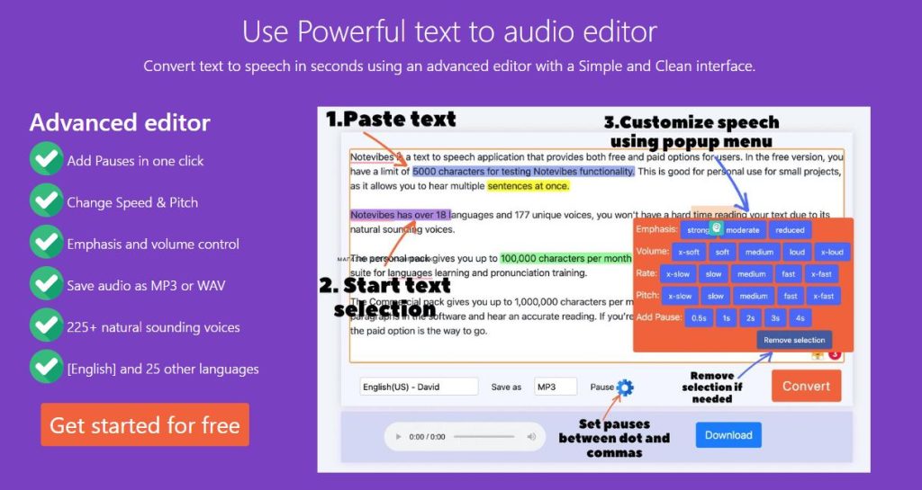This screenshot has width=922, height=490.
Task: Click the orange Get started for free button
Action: [144, 425]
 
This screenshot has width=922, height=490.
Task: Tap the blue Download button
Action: [728, 435]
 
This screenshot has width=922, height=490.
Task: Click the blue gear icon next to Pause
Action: [625, 388]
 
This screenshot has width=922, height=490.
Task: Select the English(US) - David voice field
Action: [419, 387]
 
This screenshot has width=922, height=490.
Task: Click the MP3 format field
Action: [555, 387]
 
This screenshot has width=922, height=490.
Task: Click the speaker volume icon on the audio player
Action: [531, 437]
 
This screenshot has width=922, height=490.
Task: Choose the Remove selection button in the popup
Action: [794, 340]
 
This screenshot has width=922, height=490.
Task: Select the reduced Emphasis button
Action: [790, 230]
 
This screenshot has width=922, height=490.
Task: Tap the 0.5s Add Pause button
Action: [698, 317]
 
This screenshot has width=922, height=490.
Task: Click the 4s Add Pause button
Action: [800, 317]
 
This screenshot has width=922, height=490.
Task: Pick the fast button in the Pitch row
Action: [790, 296]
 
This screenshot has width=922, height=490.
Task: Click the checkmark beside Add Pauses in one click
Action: [46, 160]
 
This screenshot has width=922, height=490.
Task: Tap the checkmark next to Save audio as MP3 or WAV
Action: [46, 285]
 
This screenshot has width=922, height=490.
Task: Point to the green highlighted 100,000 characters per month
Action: [565, 258]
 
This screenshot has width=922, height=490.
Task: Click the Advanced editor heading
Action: [120, 122]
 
